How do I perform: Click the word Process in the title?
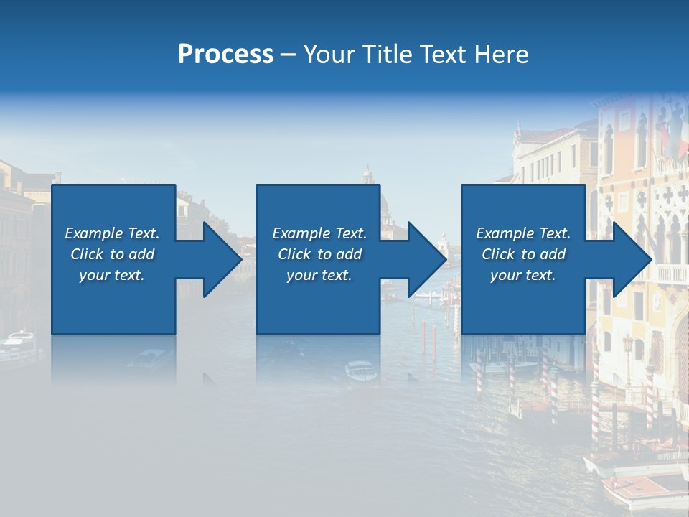pos(225,55)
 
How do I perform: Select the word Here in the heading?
pos(502,55)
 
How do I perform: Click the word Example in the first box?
pos(94,233)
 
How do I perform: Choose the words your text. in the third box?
pos(522,275)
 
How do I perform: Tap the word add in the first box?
pos(142,254)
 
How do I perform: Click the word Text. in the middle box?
pos(349,233)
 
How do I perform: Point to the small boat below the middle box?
pos(360,371)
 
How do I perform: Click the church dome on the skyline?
pos(368,177)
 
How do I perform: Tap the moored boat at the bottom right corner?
pos(646,488)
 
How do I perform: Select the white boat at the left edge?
pos(18,345)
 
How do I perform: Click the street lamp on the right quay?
pos(628,352)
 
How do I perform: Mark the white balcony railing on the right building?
pos(671,274)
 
